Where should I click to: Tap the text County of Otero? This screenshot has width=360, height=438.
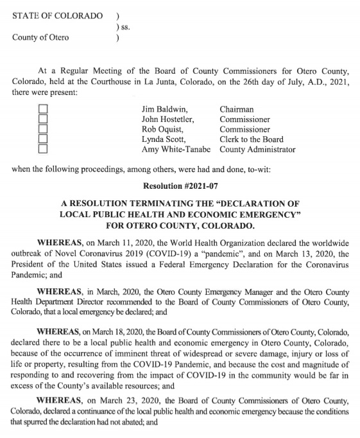point(40,37)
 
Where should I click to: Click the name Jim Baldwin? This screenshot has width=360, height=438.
point(164,110)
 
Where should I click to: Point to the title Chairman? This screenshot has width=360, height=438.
point(237,110)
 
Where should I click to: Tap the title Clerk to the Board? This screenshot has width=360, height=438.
point(252,139)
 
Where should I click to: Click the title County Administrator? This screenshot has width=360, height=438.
point(257,150)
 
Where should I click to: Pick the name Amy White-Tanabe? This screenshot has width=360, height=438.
point(177,150)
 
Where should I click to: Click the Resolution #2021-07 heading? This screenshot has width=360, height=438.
point(180,186)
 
